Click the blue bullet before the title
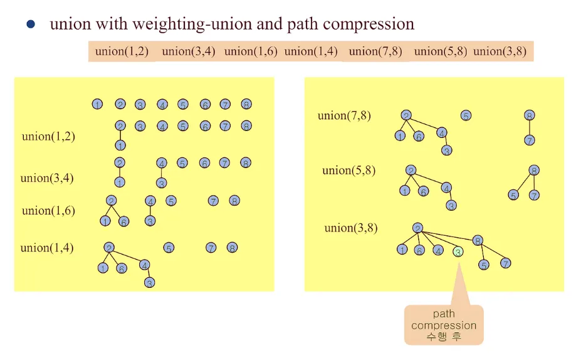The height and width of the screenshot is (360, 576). pos(31,24)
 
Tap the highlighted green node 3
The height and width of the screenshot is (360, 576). pos(458,251)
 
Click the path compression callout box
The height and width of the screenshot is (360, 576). pos(444,325)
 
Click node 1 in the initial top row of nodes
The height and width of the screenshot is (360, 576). pos(97,104)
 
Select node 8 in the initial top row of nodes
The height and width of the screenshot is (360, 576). pos(246,104)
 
